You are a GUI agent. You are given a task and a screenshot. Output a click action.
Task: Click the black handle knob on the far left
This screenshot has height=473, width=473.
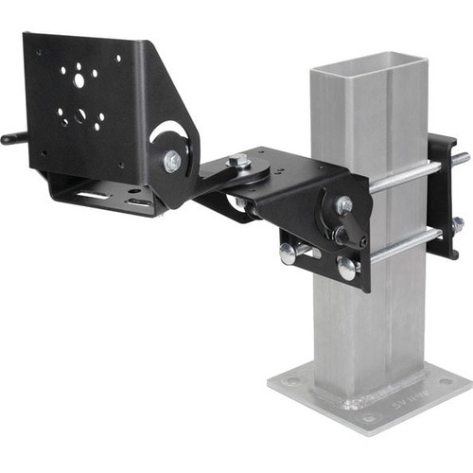pyautogui.click(x=10, y=138)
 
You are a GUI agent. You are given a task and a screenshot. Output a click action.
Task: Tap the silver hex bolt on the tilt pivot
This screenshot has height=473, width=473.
pyautogui.click(x=172, y=162)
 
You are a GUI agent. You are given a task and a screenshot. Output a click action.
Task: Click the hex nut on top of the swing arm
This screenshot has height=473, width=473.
pyautogui.click(x=243, y=163)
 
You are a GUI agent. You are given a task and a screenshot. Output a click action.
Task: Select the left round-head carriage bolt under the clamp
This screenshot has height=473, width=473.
pyautogui.click(x=288, y=254)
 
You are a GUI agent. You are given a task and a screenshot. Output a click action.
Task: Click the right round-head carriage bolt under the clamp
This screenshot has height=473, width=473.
pyautogui.click(x=347, y=269)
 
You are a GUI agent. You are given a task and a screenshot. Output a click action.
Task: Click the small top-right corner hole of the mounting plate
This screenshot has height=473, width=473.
pyautogui.click(x=118, y=60)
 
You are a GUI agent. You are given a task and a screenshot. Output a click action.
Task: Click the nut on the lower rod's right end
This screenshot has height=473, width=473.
pyautogui.click(x=458, y=224)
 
